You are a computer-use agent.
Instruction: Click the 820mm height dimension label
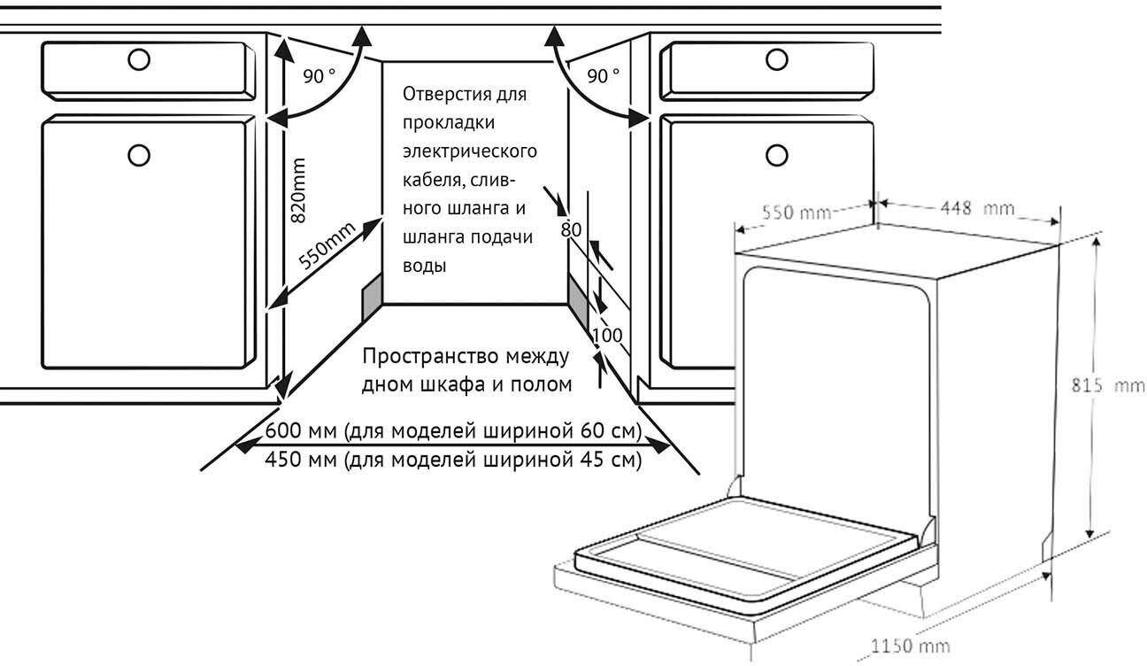[299, 190]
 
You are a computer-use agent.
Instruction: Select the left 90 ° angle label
[319, 76]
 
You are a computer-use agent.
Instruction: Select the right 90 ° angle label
[604, 76]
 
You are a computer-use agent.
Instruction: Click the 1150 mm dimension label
[912, 646]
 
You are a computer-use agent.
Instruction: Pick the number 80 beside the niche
[571, 229]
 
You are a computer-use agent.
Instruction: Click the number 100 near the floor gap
[607, 336]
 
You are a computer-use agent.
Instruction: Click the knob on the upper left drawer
[137, 59]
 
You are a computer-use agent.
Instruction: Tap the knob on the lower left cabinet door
[137, 155]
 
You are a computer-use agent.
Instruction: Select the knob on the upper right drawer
[777, 59]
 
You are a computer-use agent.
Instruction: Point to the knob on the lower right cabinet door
[777, 155]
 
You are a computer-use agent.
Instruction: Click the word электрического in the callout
[469, 151]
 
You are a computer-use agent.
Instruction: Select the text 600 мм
[300, 432]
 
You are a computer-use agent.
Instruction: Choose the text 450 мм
[300, 461]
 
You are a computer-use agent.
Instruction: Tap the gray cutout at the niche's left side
[371, 295]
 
